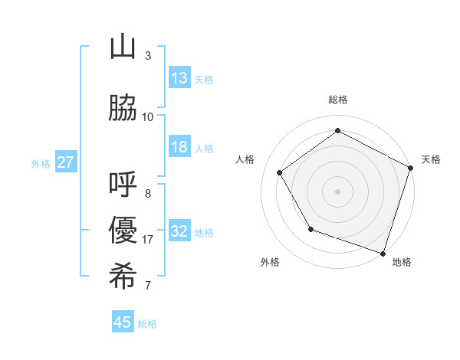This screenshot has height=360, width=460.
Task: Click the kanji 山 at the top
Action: (x=123, y=48)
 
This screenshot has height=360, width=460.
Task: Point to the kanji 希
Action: (x=123, y=277)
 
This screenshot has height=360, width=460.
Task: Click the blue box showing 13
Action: (x=179, y=77)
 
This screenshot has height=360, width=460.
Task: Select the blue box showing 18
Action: (x=179, y=147)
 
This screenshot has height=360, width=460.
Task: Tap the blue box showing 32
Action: (x=179, y=231)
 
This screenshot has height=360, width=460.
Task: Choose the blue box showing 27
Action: (x=65, y=162)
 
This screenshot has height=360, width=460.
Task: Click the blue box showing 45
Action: (x=123, y=322)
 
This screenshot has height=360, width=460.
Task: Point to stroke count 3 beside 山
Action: (x=148, y=56)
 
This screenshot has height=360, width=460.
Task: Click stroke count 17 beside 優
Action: (x=148, y=240)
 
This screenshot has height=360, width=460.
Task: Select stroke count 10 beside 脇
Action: (x=148, y=116)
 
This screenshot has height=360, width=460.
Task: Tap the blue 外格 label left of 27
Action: (x=41, y=163)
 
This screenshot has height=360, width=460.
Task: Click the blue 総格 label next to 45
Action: (x=147, y=324)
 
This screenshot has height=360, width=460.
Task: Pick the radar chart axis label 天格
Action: (x=431, y=159)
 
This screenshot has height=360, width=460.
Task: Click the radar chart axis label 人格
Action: (x=245, y=159)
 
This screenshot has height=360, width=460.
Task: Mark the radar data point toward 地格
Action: (x=383, y=252)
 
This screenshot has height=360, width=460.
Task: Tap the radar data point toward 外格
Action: (x=310, y=229)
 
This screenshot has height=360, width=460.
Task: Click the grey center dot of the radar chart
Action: (x=337, y=191)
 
